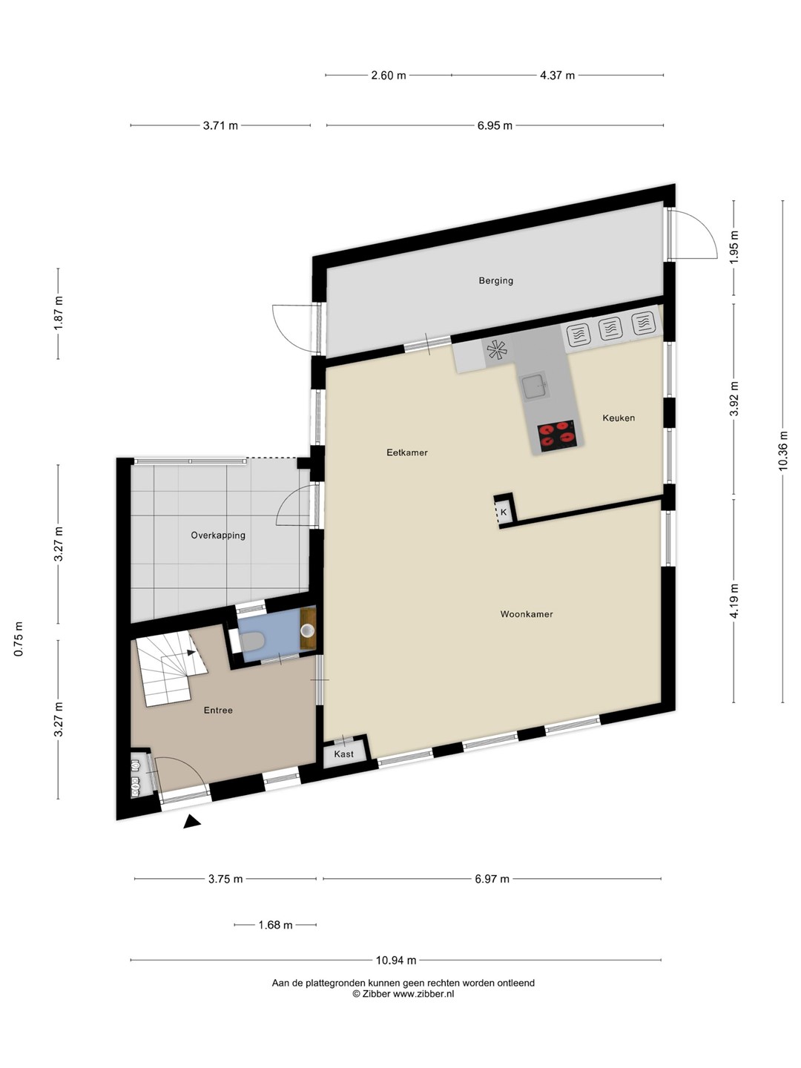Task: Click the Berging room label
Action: click(x=495, y=281)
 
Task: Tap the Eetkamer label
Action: click(x=407, y=452)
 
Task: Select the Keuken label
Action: click(x=619, y=418)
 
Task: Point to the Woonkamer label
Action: click(x=527, y=614)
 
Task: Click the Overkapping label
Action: click(x=218, y=535)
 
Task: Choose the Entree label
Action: click(x=218, y=711)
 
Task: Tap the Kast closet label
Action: click(x=344, y=754)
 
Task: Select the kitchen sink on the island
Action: click(x=535, y=386)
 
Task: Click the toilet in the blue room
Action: click(x=251, y=642)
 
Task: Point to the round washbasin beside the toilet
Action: click(x=307, y=631)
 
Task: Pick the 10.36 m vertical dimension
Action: click(x=782, y=450)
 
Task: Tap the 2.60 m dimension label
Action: click(x=388, y=76)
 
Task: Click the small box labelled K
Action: click(x=504, y=512)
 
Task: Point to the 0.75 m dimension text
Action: click(x=19, y=639)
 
